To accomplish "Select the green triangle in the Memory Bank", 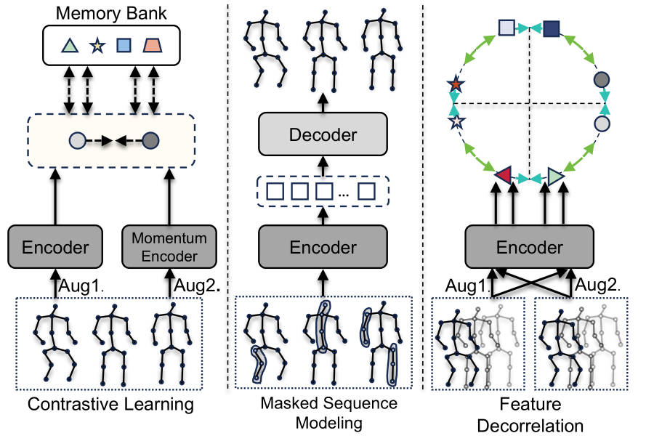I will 69,46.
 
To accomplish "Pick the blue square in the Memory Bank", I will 124,46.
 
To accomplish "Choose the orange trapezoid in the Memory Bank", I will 153,46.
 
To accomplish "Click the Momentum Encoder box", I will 169,247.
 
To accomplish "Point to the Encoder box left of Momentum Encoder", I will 55,247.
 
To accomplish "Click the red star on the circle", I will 456,86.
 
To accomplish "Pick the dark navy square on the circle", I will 552,28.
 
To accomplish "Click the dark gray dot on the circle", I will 601,79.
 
